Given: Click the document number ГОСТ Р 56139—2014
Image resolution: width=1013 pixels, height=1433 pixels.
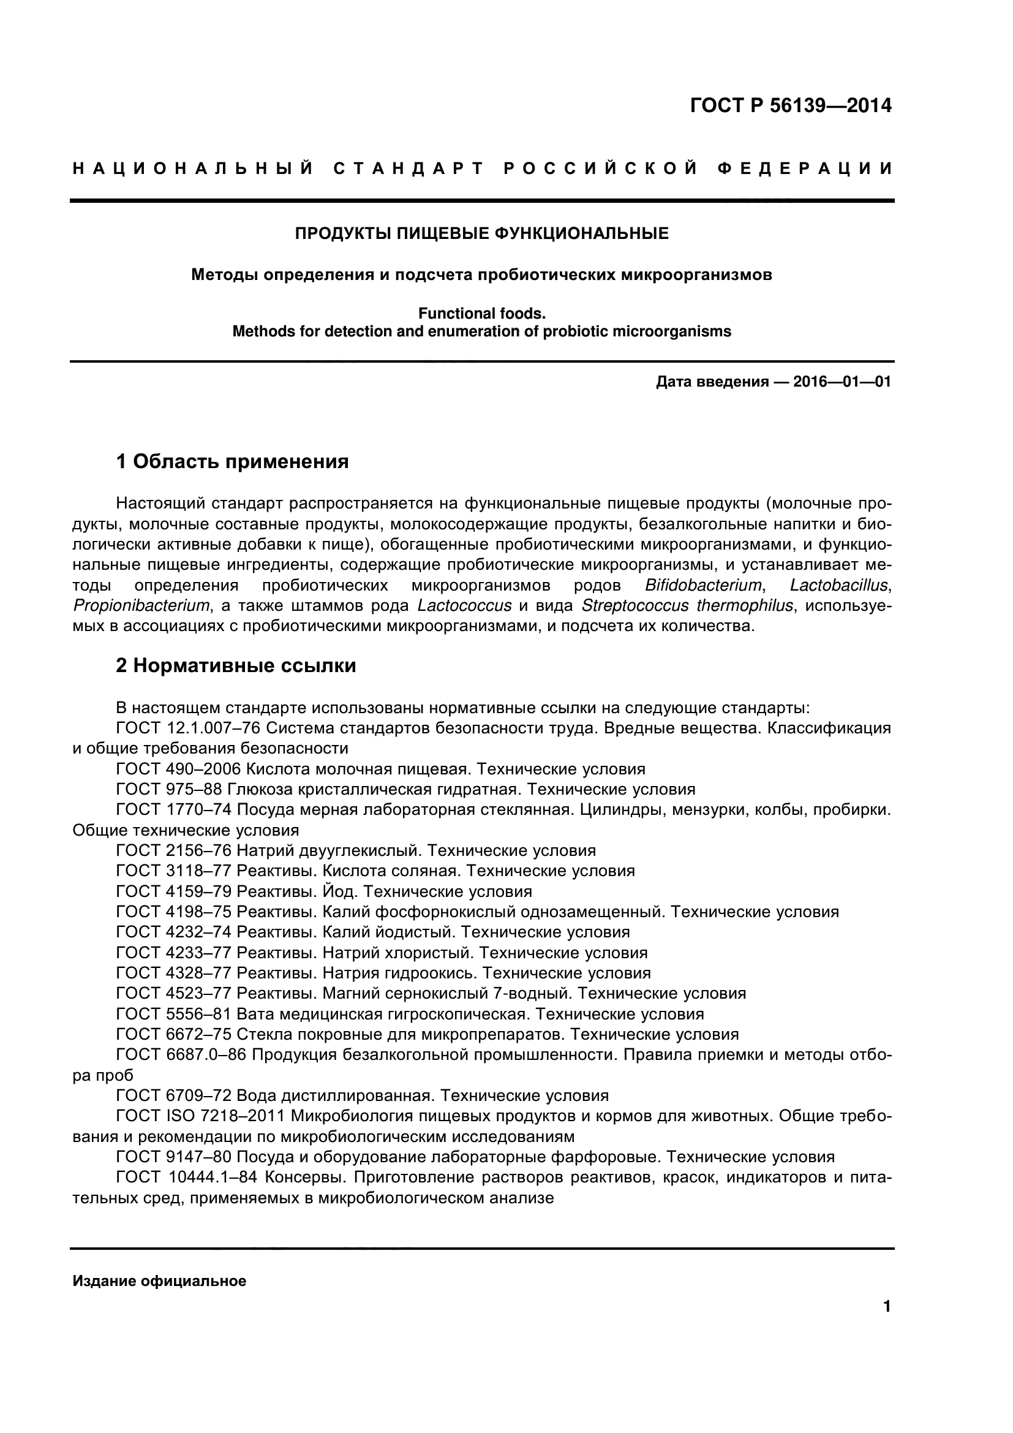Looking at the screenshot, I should click(x=790, y=106).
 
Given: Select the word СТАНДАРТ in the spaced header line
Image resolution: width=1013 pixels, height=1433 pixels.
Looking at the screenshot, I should click(x=409, y=168).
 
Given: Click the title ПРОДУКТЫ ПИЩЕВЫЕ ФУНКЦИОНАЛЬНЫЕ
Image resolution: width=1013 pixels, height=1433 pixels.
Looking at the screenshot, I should click(x=481, y=233).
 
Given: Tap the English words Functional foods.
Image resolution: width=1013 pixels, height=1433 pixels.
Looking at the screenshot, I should click(x=481, y=313).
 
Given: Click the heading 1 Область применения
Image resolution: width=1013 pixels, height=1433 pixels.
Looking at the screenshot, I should click(x=232, y=462).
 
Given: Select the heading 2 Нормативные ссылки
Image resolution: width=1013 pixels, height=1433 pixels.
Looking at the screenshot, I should click(x=236, y=666).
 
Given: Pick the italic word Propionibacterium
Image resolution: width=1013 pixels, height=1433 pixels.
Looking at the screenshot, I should click(x=141, y=606).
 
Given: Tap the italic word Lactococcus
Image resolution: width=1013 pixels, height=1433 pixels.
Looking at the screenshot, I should click(x=464, y=606).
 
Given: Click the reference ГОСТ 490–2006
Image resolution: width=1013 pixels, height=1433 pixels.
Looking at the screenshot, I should click(x=178, y=769).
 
